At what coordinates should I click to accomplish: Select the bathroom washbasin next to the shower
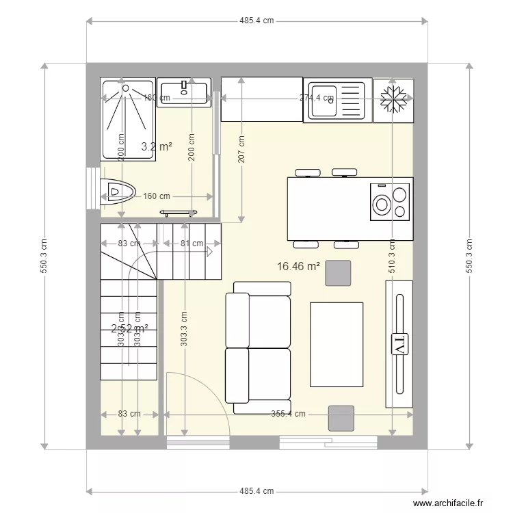pyautogui.click(x=183, y=92)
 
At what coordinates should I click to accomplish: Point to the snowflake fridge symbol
pyautogui.click(x=394, y=100)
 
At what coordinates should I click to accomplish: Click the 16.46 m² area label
pyautogui.click(x=299, y=265)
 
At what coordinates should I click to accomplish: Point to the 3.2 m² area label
pyautogui.click(x=156, y=146)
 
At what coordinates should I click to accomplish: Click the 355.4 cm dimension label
pyautogui.click(x=288, y=414)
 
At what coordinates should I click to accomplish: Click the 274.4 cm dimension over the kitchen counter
pyautogui.click(x=317, y=98)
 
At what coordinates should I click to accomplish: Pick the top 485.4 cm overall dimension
pyautogui.click(x=256, y=21)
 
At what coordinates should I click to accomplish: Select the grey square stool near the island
pyautogui.click(x=337, y=273)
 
